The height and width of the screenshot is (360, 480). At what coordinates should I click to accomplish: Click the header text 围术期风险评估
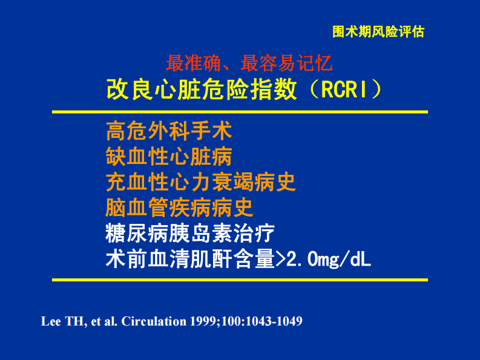point(378,32)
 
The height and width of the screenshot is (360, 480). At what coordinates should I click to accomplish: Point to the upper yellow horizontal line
point(240,112)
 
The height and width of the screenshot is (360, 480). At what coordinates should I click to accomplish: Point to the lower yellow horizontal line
point(240,280)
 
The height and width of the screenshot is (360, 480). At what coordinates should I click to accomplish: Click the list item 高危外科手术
point(169,129)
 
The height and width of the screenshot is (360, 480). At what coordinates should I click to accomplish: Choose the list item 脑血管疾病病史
point(179,208)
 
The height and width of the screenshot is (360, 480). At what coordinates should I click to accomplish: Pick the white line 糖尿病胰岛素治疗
point(190,233)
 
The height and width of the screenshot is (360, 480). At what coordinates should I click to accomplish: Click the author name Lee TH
point(59,321)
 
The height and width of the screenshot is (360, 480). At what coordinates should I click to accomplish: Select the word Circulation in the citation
point(154,321)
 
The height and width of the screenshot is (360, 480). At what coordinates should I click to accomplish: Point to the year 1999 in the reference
point(203,321)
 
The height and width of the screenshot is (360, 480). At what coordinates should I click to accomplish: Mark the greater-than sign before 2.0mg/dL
point(283,260)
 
